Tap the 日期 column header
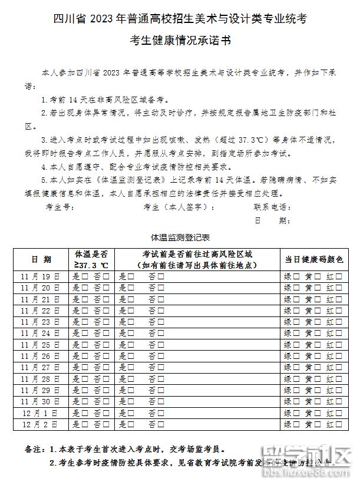coord(41,259)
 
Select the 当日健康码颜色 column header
coord(313,259)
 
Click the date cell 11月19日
coord(41,276)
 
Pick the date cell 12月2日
coord(41,424)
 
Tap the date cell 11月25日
coord(41,344)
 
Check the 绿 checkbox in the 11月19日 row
coord(297,276)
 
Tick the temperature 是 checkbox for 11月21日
coord(84,299)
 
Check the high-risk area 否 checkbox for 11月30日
coord(160,401)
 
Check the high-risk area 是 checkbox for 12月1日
coord(131,413)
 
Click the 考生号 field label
coord(60,207)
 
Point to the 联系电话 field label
coord(272,207)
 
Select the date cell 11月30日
coord(41,401)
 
